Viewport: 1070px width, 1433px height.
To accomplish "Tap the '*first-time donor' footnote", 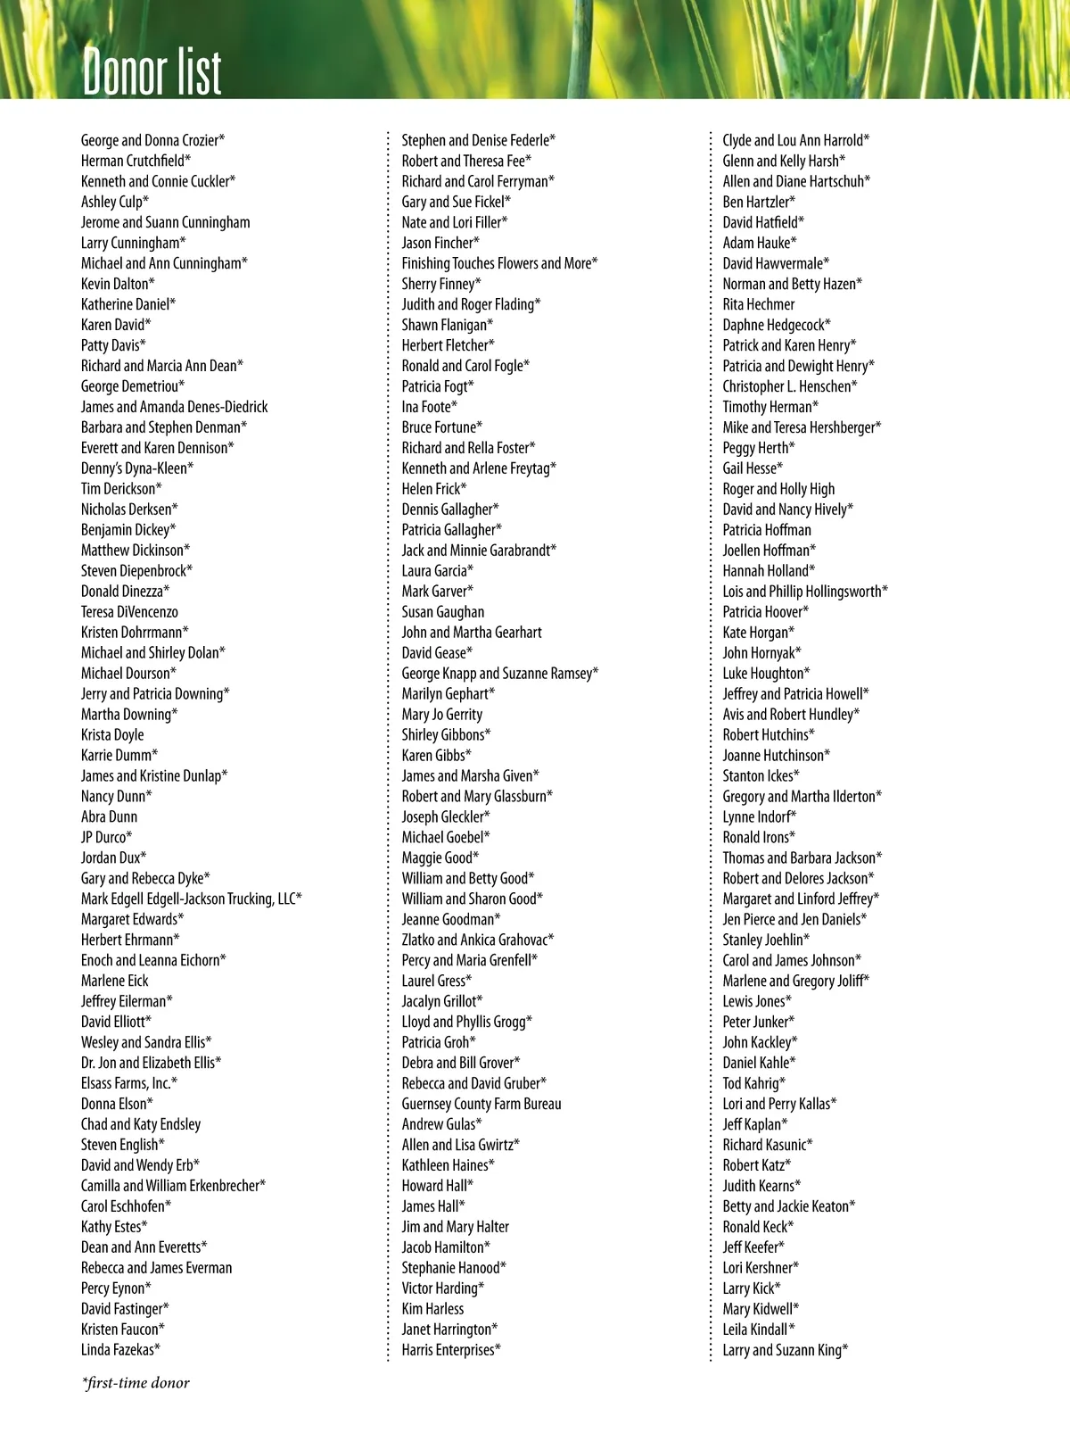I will pyautogui.click(x=136, y=1383).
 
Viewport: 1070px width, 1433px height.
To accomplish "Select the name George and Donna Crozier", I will pyautogui.click(x=152, y=140).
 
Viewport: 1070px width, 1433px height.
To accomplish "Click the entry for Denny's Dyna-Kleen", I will pyautogui.click(x=137, y=468).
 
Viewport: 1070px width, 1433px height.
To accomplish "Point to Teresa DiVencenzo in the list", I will pyautogui.click(x=129, y=612).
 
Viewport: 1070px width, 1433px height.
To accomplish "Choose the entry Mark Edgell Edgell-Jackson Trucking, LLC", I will pyautogui.click(x=192, y=899).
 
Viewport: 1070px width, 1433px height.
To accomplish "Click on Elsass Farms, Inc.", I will pyautogui.click(x=129, y=1083).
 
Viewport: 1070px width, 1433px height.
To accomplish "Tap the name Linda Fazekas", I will pyautogui.click(x=120, y=1350).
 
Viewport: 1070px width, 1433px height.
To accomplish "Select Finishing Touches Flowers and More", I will pyautogui.click(x=499, y=263).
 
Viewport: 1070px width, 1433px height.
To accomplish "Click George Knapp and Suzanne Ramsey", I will pyautogui.click(x=499, y=674).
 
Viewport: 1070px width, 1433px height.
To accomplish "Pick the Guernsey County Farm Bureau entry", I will pyautogui.click(x=481, y=1104).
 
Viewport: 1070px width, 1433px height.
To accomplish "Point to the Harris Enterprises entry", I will pyautogui.click(x=451, y=1350).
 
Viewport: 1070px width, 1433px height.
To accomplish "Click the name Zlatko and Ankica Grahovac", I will pyautogui.click(x=477, y=940).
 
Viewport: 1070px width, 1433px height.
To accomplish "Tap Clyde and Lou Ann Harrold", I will pyautogui.click(x=795, y=140).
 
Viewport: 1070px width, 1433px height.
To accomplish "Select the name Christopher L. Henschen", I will pyautogui.click(x=789, y=386).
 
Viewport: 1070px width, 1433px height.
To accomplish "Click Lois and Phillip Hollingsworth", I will pyautogui.click(x=804, y=592).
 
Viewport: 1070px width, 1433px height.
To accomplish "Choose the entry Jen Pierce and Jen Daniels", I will pyautogui.click(x=794, y=920).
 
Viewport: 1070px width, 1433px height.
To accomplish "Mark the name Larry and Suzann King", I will pyautogui.click(x=785, y=1350).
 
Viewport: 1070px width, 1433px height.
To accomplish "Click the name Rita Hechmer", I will pyautogui.click(x=758, y=304).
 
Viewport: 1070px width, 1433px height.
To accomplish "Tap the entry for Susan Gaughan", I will pyautogui.click(x=443, y=612).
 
